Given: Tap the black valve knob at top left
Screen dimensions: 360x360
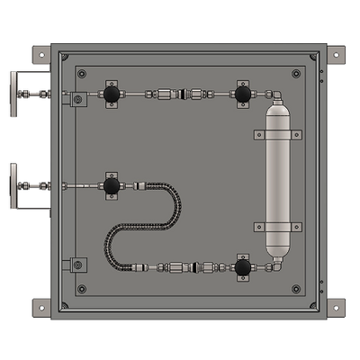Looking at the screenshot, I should click(x=111, y=94).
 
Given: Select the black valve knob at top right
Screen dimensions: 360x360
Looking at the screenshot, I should click(x=243, y=94).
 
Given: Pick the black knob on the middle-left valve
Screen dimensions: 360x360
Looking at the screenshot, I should click(x=111, y=186).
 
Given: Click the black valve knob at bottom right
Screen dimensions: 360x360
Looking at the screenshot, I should click(x=243, y=266).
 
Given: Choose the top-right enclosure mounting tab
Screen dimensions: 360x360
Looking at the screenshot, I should click(x=335, y=54).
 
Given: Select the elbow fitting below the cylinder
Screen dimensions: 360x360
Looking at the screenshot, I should click(x=276, y=264).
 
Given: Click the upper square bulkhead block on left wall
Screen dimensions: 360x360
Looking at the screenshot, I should click(x=77, y=98).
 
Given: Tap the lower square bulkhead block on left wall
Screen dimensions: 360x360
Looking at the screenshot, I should click(x=77, y=265).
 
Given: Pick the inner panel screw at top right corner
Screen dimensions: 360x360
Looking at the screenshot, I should click(x=296, y=73).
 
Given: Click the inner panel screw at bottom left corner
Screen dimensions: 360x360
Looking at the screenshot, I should click(x=82, y=289).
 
